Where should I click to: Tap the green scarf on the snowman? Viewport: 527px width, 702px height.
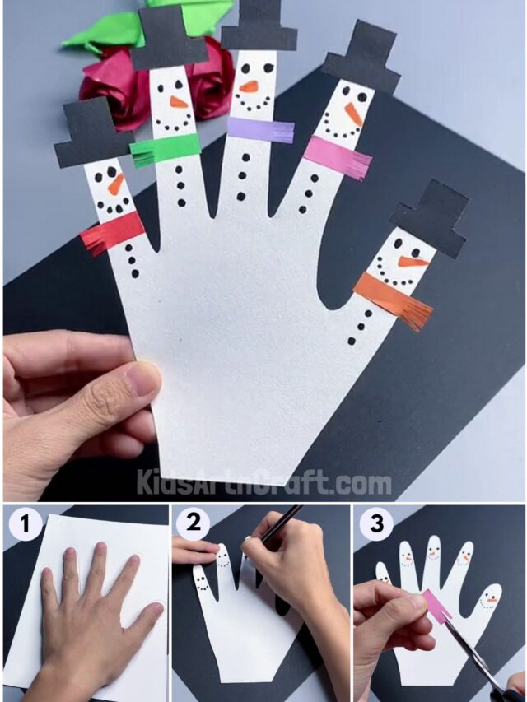tap(166, 149)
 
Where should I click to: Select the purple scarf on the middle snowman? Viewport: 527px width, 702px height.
tap(260, 129)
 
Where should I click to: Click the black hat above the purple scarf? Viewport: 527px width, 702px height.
tap(259, 26)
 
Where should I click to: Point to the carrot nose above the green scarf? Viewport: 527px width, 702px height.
tap(179, 102)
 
